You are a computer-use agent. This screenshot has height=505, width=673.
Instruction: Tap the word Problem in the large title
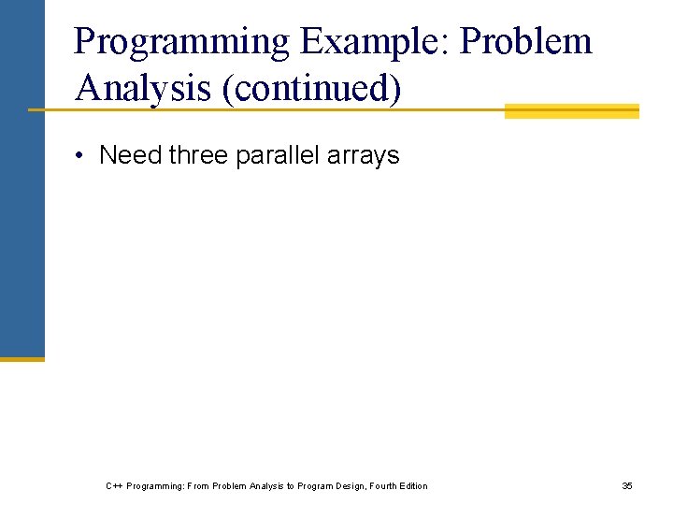[527, 42]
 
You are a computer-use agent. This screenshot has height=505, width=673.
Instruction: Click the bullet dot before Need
[82, 154]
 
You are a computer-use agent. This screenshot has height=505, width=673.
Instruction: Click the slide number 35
[627, 485]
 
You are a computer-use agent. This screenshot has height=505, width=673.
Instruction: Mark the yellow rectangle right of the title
[571, 111]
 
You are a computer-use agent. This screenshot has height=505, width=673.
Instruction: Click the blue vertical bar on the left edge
[21, 178]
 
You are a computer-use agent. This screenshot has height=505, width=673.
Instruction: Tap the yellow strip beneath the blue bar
[21, 358]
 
